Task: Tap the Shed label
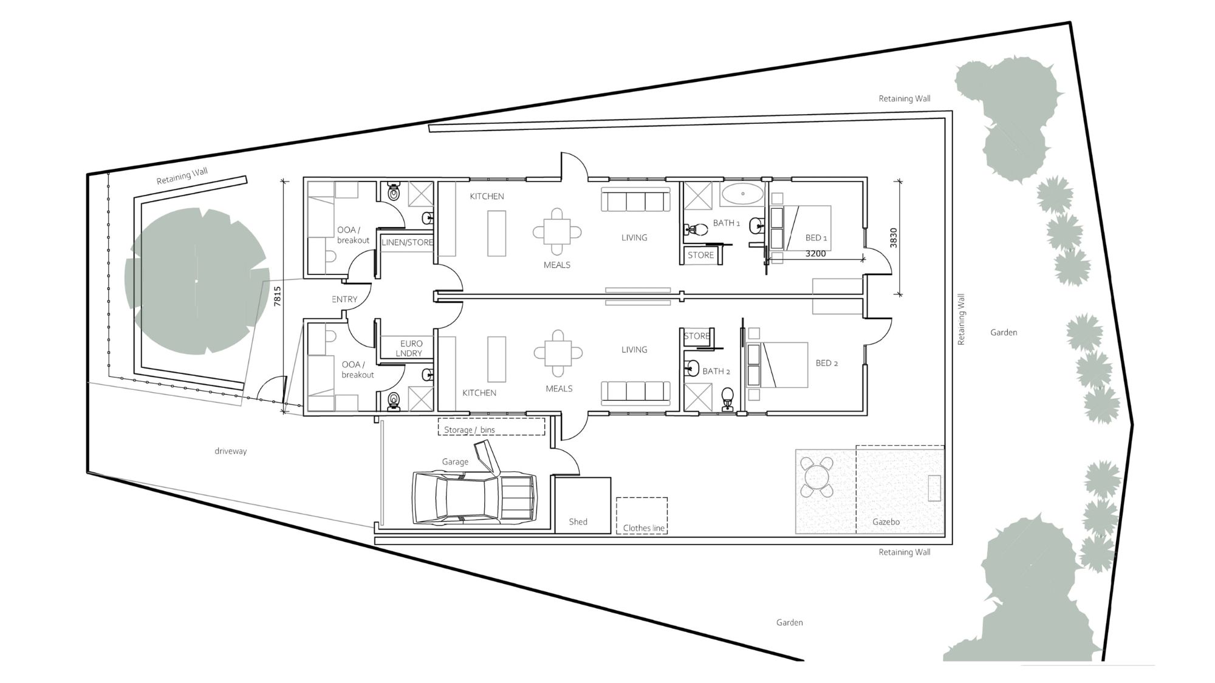pos(578,522)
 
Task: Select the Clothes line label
pos(643,528)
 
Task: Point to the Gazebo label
pos(886,522)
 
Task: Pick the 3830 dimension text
pos(893,237)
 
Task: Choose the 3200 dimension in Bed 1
pos(815,254)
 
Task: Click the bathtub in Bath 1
pos(742,195)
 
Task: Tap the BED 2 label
pos(826,363)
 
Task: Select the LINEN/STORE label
pos(407,242)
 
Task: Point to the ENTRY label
pos(344,299)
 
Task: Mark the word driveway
pos(230,451)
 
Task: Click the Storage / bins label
pos(469,430)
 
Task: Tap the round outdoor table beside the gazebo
pos(817,477)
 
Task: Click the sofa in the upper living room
pos(635,200)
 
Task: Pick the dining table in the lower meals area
pos(558,353)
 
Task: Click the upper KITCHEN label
pos(487,196)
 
